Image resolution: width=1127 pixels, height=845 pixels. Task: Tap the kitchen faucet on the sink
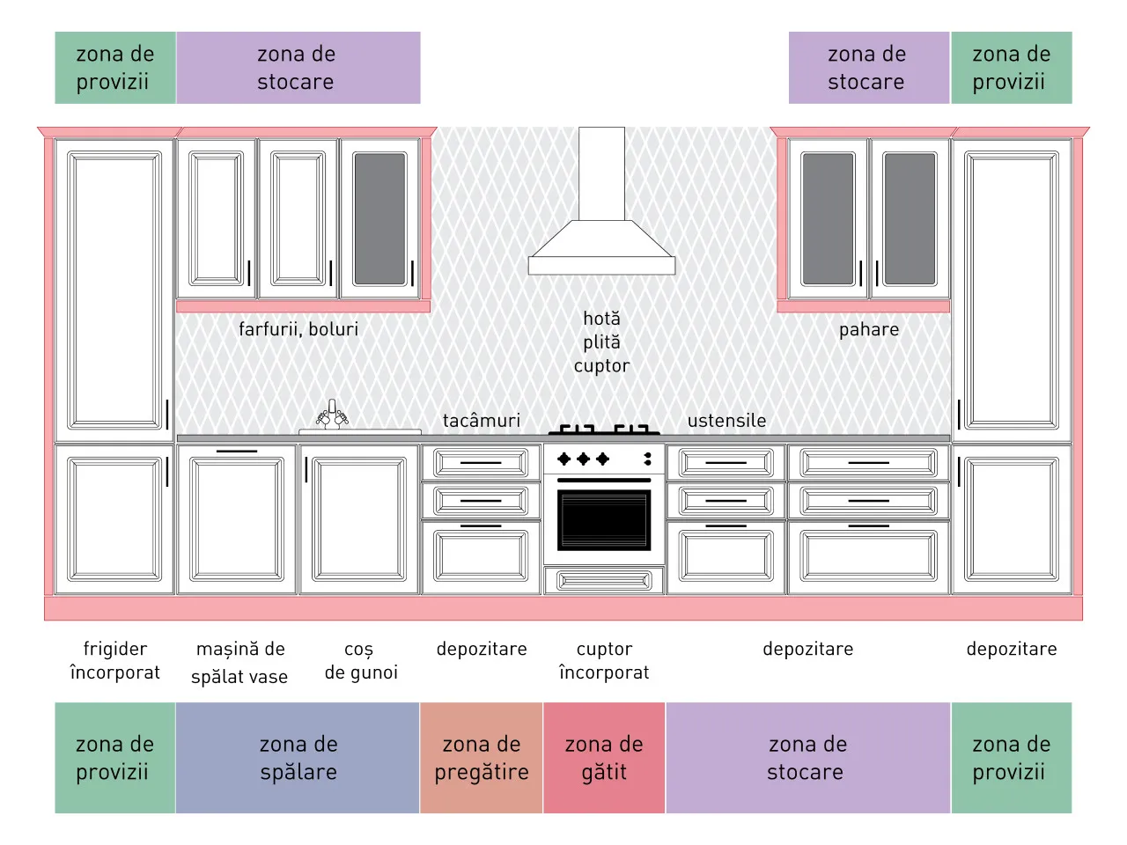(x=332, y=414)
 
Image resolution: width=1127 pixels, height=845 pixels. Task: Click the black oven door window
(x=604, y=519)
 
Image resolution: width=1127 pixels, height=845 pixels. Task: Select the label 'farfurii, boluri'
(x=298, y=329)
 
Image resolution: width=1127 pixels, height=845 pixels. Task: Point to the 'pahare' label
(x=869, y=330)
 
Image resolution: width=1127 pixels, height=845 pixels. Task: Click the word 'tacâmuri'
(x=481, y=421)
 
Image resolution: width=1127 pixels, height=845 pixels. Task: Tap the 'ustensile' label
(x=726, y=421)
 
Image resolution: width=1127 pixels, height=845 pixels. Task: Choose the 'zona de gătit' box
(x=604, y=757)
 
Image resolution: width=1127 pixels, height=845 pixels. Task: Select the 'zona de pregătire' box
(x=481, y=757)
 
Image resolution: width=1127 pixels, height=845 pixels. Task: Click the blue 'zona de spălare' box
(x=298, y=757)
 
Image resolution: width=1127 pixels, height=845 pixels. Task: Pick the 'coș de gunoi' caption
(x=361, y=661)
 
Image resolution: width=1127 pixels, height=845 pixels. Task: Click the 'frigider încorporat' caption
(x=115, y=661)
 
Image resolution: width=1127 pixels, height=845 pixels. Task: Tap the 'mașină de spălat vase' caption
(x=239, y=662)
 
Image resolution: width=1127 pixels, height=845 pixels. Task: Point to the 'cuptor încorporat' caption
(x=604, y=661)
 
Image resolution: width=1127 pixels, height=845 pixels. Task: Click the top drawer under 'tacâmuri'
(x=481, y=462)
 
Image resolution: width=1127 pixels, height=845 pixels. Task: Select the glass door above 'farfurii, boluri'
(x=380, y=219)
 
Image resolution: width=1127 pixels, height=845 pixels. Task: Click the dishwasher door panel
(x=237, y=519)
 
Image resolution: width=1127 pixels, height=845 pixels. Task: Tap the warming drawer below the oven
(x=604, y=581)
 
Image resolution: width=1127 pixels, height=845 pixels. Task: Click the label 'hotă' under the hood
(x=601, y=319)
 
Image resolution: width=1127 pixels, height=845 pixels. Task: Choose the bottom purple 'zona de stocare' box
(x=807, y=757)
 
